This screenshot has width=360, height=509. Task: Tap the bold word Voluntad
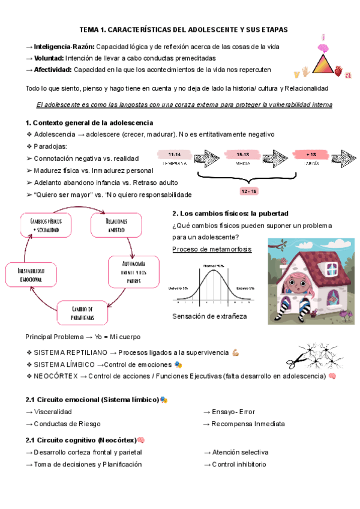click(x=49, y=58)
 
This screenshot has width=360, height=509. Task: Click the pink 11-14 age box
click(x=175, y=154)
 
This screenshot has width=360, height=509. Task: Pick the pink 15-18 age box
click(x=242, y=154)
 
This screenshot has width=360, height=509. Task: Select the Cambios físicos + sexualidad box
click(x=50, y=225)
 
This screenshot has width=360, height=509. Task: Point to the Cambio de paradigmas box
click(x=82, y=313)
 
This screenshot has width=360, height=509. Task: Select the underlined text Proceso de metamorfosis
click(x=211, y=249)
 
